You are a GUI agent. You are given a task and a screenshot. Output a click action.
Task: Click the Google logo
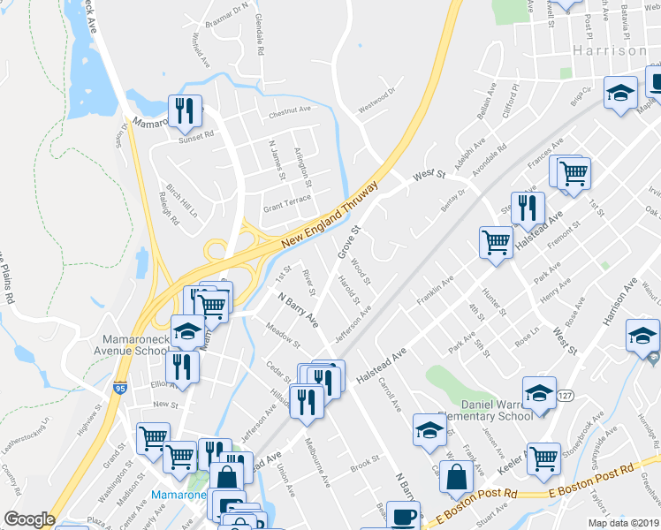29,519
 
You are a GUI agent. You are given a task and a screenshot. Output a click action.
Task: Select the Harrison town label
610,50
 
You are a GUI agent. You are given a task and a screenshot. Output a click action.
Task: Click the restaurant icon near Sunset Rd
186,110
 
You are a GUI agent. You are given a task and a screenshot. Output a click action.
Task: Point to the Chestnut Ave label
291,110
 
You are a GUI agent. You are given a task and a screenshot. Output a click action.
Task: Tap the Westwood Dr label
378,110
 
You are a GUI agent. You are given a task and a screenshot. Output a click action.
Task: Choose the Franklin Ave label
437,289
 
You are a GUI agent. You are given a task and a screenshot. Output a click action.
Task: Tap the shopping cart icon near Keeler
543,458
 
